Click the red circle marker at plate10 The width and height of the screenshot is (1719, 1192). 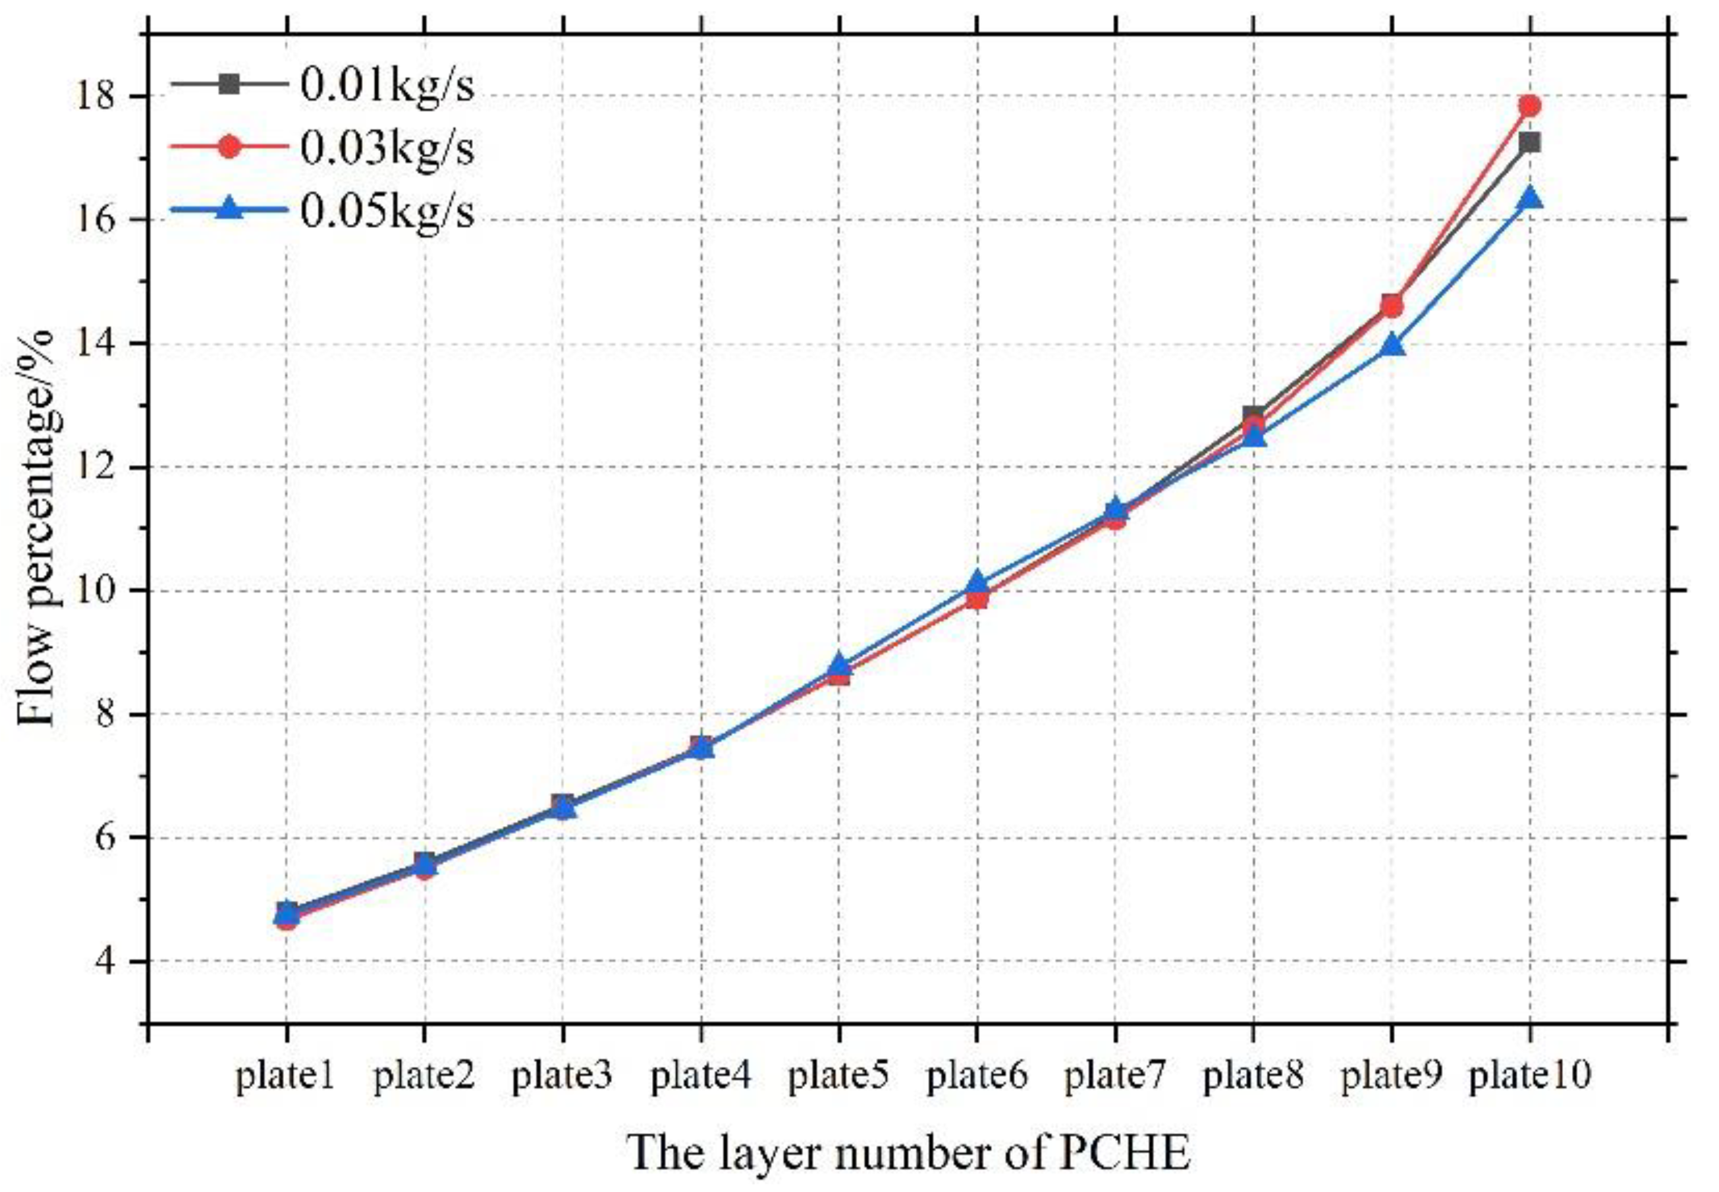click(x=1529, y=106)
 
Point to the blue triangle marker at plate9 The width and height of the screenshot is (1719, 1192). click(x=1391, y=346)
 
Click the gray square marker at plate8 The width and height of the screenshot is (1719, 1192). click(x=1253, y=416)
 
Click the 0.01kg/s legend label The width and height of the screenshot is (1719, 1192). click(x=386, y=84)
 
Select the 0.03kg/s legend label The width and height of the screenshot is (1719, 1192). click(x=386, y=148)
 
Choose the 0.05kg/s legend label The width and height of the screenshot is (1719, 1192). click(x=386, y=212)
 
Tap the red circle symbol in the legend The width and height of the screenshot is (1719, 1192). click(x=229, y=146)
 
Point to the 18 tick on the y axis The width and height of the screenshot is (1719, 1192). click(x=94, y=97)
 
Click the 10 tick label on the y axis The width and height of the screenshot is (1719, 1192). click(x=94, y=591)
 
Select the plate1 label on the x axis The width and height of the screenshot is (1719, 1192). click(x=286, y=1077)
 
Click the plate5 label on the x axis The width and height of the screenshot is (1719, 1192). click(x=838, y=1077)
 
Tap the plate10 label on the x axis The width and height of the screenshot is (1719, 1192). click(x=1529, y=1077)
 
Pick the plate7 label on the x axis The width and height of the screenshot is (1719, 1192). click(x=1114, y=1077)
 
